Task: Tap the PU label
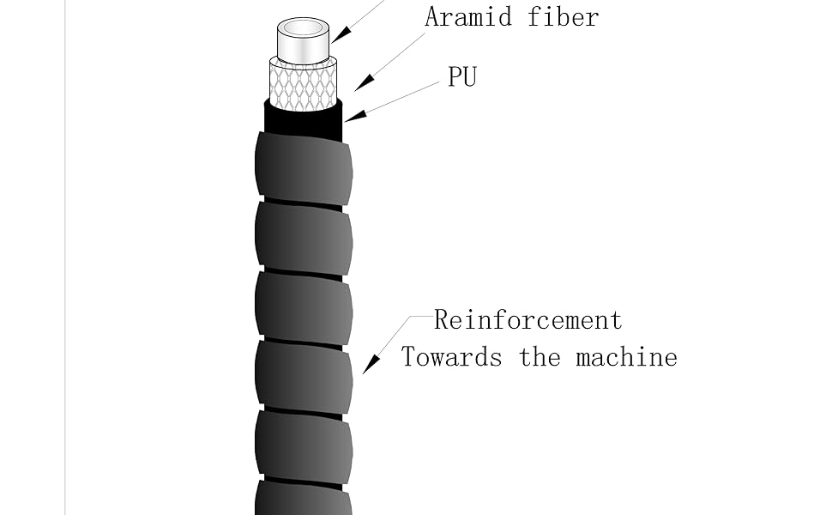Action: point(461,76)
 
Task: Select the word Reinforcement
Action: point(528,320)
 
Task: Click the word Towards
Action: point(451,356)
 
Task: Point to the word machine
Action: point(626,356)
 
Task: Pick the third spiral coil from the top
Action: point(303,306)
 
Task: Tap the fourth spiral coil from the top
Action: point(303,377)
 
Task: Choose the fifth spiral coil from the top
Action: point(303,446)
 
